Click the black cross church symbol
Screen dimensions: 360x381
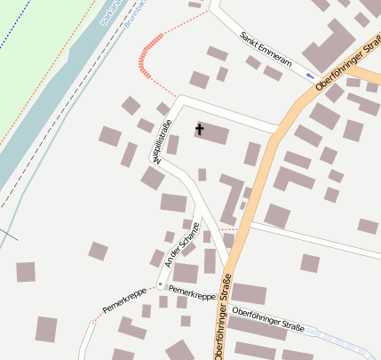tap(199, 130)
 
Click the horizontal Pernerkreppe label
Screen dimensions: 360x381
tap(192, 292)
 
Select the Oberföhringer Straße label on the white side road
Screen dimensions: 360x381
tap(267, 321)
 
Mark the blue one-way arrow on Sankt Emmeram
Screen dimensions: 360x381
tap(310, 76)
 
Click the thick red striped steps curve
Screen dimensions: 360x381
tap(147, 53)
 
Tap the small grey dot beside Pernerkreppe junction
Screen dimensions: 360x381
tap(160, 284)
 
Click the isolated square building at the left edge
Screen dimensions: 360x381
tap(26, 272)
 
